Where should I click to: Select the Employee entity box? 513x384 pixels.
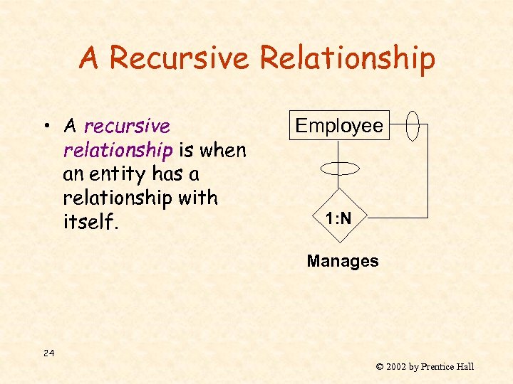[x=339, y=126]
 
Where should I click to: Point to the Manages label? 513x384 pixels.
[x=343, y=261]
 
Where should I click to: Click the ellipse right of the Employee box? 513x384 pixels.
[x=413, y=126]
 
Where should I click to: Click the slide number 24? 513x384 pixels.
[x=48, y=353]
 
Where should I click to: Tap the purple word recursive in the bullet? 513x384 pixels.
[x=128, y=127]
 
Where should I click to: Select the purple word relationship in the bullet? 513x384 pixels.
[x=118, y=151]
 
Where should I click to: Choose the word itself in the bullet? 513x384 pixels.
[x=90, y=223]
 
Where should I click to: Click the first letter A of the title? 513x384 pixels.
[x=89, y=58]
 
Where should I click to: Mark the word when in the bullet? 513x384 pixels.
[x=223, y=151]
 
